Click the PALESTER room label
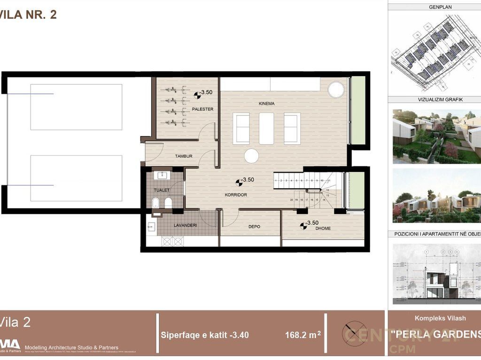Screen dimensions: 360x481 (x=203, y=109)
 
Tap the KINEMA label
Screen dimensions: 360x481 (x=266, y=103)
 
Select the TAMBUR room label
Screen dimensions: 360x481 (x=184, y=156)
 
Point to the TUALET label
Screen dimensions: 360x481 (x=162, y=190)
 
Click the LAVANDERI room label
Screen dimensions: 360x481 (x=185, y=225)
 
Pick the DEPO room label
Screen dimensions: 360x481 (x=254, y=227)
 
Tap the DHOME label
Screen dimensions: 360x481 (x=323, y=229)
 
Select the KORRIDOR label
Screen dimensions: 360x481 (x=236, y=195)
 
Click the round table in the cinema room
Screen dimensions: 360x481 (x=251, y=156)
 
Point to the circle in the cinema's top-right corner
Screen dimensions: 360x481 (x=335, y=89)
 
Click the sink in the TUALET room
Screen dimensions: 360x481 (x=163, y=176)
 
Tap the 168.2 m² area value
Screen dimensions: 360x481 (x=303, y=335)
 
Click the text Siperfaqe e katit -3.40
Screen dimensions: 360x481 (x=205, y=335)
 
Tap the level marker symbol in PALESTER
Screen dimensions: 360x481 (x=197, y=95)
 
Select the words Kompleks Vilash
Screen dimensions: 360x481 (x=440, y=318)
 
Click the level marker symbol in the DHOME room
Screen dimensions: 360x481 (x=303, y=226)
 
